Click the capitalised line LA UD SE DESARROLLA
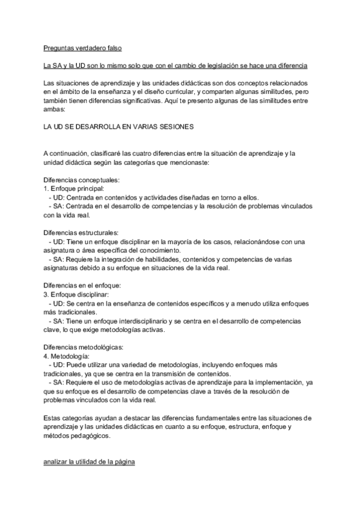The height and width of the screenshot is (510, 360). point(118,127)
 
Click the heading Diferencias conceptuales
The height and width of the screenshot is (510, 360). point(82,180)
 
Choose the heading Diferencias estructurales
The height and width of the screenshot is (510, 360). point(81,232)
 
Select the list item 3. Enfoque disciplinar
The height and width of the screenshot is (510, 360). point(76,294)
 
